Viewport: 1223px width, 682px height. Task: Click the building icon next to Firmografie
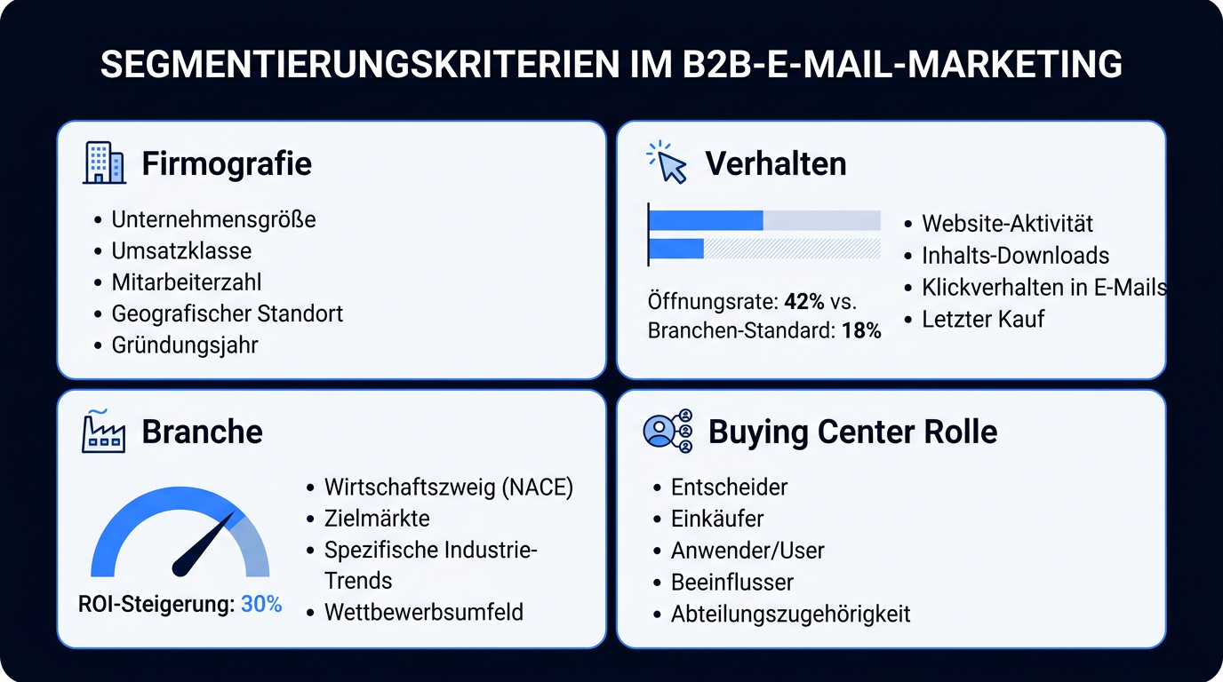[104, 163]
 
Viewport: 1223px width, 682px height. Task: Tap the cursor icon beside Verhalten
[667, 162]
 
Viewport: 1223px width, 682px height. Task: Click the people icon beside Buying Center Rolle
[668, 431]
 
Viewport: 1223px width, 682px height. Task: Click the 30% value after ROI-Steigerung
[261, 604]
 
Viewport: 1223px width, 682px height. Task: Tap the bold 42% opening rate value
[804, 301]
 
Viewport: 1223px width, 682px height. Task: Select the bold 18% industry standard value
[861, 330]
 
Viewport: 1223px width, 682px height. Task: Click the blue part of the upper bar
[706, 220]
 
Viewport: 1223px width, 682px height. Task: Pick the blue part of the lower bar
[676, 249]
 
